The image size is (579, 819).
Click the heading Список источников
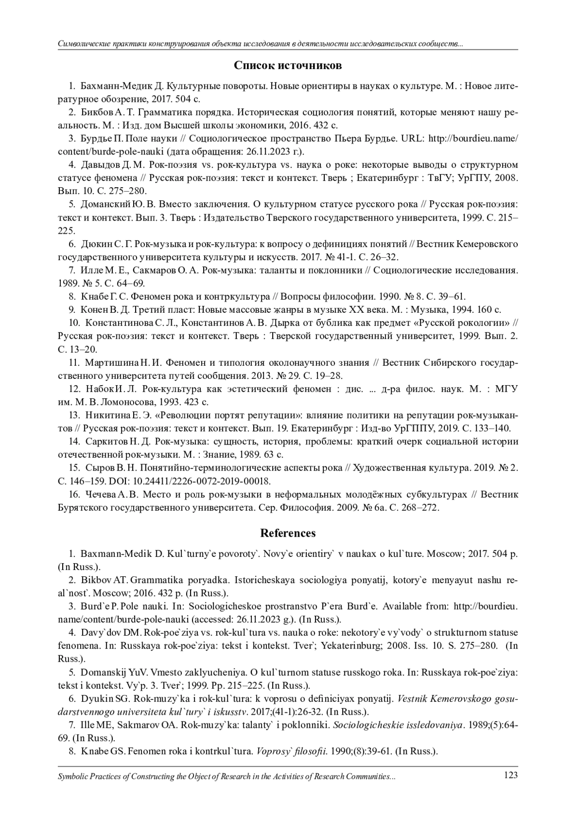coord(288,65)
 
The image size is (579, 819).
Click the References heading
coord(288,533)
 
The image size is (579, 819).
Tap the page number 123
coord(510,775)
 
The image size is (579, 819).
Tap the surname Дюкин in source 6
coord(96,244)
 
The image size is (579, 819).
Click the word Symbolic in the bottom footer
coord(73,777)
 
